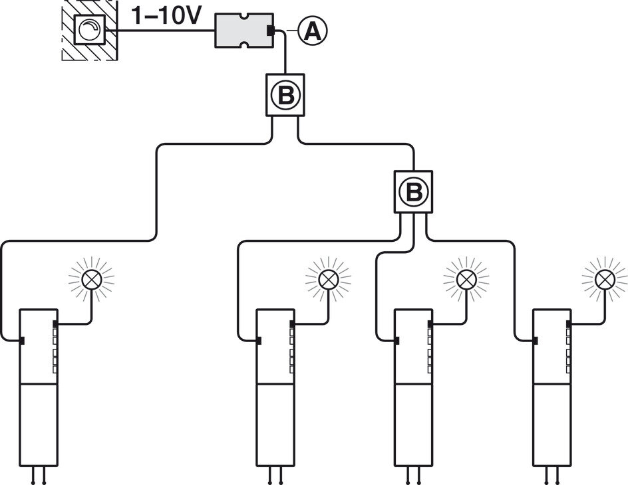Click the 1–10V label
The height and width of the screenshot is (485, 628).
pos(164,17)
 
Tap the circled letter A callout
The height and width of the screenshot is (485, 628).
pos(313,31)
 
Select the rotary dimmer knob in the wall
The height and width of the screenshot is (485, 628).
pos(89,31)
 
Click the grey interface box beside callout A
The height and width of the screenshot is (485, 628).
pos(244,31)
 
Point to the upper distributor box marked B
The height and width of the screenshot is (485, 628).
pos(285,95)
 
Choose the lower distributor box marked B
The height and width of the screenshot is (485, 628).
pos(413,192)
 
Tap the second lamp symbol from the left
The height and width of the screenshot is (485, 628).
pos(328,279)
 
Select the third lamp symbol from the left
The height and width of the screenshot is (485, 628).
pos(466,279)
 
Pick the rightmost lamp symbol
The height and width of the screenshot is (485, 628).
pos(605,279)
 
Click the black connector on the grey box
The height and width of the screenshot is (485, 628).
pos(271,31)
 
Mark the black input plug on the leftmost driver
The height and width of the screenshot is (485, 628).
pos(22,340)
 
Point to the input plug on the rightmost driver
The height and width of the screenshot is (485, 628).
pos(535,340)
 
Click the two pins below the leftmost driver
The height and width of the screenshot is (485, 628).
pos(38,475)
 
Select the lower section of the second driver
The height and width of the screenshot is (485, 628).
pos(275,425)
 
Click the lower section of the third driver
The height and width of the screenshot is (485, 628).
pos(413,425)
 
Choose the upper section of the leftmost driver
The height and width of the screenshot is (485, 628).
pos(38,346)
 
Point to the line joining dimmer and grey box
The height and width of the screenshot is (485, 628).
pos(160,31)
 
